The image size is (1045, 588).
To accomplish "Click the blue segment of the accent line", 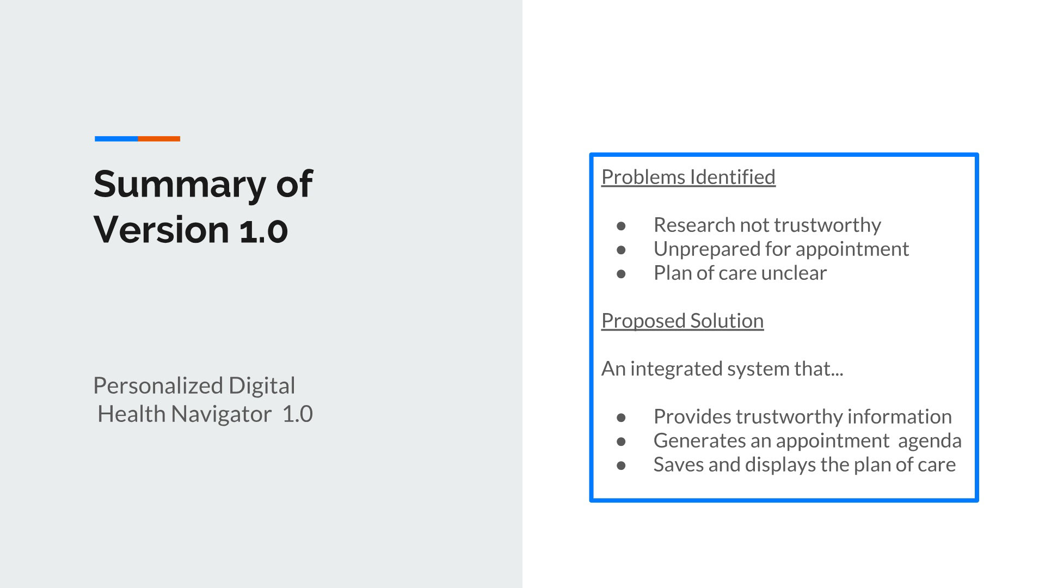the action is click(116, 139).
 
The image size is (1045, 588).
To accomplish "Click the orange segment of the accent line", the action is click(159, 139).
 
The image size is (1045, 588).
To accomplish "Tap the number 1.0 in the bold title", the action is click(263, 230).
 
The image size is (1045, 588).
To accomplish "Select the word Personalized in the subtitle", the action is click(158, 386).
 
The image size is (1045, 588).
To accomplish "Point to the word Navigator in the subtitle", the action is click(221, 414).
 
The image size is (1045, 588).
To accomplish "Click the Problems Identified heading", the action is click(689, 177).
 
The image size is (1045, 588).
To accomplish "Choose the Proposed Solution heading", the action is click(683, 321).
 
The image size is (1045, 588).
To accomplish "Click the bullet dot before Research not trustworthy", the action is click(622, 225).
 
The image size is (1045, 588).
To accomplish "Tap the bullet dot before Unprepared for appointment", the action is click(622, 249).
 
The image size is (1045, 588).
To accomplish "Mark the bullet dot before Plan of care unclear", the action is click(622, 273).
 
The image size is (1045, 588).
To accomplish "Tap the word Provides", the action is click(692, 416).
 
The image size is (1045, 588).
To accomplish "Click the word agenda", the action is click(930, 442).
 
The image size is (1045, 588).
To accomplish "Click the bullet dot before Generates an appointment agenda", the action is click(622, 441).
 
